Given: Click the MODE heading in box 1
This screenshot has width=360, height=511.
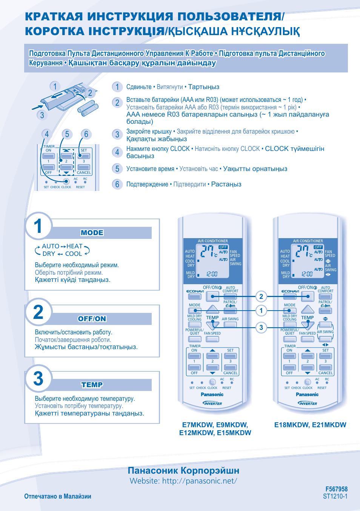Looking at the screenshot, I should pos(92,233).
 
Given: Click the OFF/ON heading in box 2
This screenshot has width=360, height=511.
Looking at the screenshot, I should pos(92,319).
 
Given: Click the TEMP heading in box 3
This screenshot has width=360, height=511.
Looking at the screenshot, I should pos(92,385).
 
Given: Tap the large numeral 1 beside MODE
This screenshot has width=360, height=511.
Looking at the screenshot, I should pos(38,226).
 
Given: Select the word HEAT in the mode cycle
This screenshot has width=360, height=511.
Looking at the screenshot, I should pos(74,246).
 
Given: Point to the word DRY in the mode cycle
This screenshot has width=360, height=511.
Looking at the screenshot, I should pos(49,254).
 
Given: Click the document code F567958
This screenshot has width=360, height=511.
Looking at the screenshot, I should pos(336,489).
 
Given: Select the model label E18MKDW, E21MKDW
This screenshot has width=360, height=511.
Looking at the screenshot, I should pos(310,425).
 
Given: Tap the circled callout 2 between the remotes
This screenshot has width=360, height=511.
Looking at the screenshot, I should pos(261,297).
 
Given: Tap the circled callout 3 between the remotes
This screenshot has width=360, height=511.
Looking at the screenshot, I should pos(261,327).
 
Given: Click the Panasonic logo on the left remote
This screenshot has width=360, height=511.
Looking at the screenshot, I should pos(212,394).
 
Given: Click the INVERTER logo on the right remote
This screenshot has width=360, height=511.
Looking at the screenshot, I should pos(308,403).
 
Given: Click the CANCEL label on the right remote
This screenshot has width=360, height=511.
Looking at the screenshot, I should pos(325,373).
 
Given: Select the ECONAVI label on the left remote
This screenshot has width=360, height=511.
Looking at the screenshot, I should pos(195,291).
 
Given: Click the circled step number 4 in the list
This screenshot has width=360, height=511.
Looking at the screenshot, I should pos(117,152).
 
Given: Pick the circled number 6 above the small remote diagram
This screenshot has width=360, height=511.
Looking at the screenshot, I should pos(86,134).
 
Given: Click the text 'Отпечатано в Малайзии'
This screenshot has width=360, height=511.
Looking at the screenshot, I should pos(58,496).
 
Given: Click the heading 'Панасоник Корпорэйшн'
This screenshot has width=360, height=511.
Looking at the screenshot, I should pos(183,470).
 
